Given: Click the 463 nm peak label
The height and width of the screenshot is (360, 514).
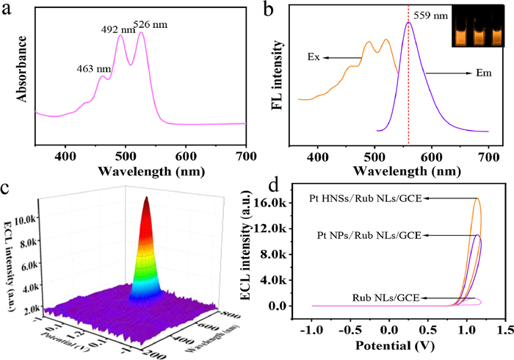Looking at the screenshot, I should click(x=94, y=70).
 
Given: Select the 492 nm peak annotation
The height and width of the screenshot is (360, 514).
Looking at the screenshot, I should click(x=118, y=30).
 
